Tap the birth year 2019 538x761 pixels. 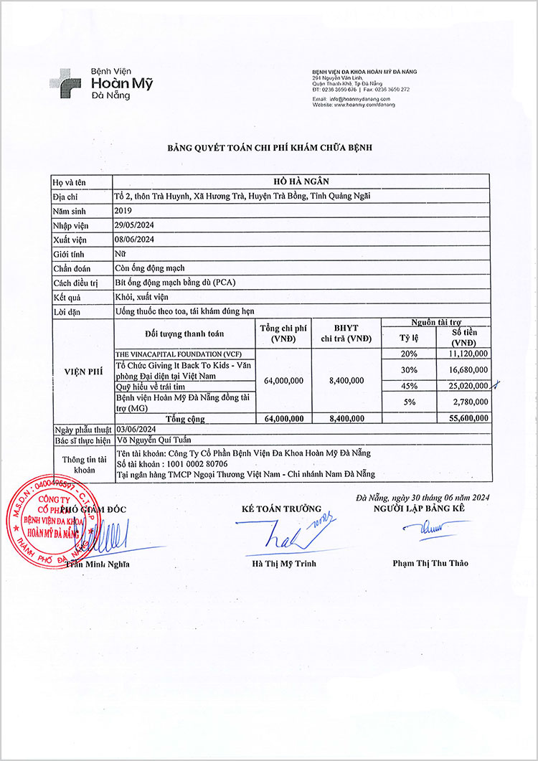click(123, 211)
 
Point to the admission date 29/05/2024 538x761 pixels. click(135, 225)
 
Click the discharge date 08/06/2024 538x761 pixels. click(135, 240)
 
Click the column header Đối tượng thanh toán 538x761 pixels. click(184, 334)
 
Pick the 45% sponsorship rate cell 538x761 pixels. click(409, 386)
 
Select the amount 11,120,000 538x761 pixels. click(466, 354)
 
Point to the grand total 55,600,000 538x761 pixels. click(466, 417)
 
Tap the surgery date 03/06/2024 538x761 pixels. click(135, 428)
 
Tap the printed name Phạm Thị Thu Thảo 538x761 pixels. click(430, 563)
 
